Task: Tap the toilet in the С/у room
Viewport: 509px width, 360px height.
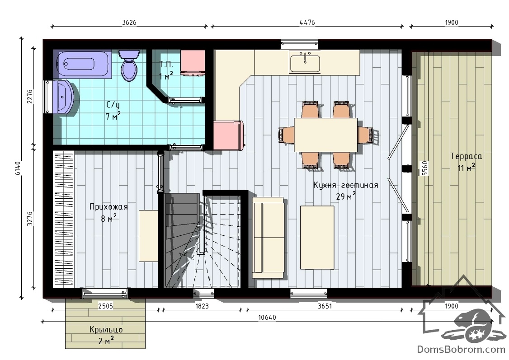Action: [129, 65]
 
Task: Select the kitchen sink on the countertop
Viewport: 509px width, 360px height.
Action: [305, 63]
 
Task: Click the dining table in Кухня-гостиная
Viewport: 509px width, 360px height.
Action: [325, 135]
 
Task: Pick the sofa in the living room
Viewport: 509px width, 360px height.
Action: [268, 238]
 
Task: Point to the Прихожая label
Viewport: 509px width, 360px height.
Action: [109, 207]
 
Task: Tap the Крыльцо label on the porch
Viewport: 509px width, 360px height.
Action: [106, 330]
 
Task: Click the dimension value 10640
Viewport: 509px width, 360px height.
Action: [267, 317]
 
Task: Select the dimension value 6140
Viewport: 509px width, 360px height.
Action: [18, 168]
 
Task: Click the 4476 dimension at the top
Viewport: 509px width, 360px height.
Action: [307, 23]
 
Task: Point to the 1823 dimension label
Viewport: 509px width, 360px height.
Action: [202, 306]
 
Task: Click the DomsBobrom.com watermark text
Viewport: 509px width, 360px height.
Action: [461, 349]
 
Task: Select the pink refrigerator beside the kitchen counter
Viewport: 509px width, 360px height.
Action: [229, 136]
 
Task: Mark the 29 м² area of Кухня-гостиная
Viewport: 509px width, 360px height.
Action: [346, 196]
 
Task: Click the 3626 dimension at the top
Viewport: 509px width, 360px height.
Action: [129, 23]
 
